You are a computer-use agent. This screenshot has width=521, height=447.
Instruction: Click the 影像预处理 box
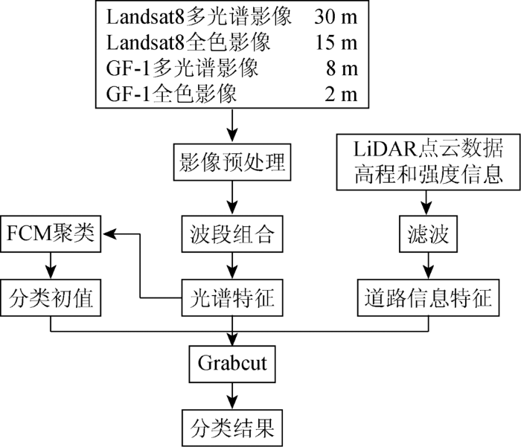coord(232,162)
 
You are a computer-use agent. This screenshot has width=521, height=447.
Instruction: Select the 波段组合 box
coord(232,234)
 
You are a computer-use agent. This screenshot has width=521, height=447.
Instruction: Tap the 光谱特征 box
coord(232,298)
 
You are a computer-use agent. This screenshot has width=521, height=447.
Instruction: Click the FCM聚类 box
coord(51,234)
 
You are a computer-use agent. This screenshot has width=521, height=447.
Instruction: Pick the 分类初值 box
coord(51,298)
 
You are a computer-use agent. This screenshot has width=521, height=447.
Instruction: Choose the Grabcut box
coord(232,364)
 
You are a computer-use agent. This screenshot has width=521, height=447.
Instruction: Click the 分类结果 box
coord(232,428)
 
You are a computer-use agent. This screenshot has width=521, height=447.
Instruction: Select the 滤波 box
coord(428,234)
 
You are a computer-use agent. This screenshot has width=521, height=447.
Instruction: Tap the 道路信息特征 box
coord(428,298)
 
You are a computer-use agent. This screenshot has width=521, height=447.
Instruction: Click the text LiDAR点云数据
coord(428,149)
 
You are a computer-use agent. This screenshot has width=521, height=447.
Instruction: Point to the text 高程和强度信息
coord(428,175)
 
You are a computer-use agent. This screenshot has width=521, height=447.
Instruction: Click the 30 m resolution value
coord(336,16)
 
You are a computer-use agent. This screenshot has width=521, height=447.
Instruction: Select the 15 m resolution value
coord(336,42)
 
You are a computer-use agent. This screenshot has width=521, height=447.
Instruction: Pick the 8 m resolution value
coord(342,68)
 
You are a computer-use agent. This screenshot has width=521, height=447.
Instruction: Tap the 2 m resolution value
coord(341,94)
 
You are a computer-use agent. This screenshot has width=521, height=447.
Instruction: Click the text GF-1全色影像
coord(171,94)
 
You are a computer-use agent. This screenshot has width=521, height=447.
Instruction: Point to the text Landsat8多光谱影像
coord(199,16)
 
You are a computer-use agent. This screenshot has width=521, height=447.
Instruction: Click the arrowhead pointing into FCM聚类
coord(109,234)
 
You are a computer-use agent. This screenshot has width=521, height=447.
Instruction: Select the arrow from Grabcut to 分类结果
coord(232,396)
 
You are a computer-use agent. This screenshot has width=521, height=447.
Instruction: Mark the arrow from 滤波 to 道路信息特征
coord(428,266)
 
